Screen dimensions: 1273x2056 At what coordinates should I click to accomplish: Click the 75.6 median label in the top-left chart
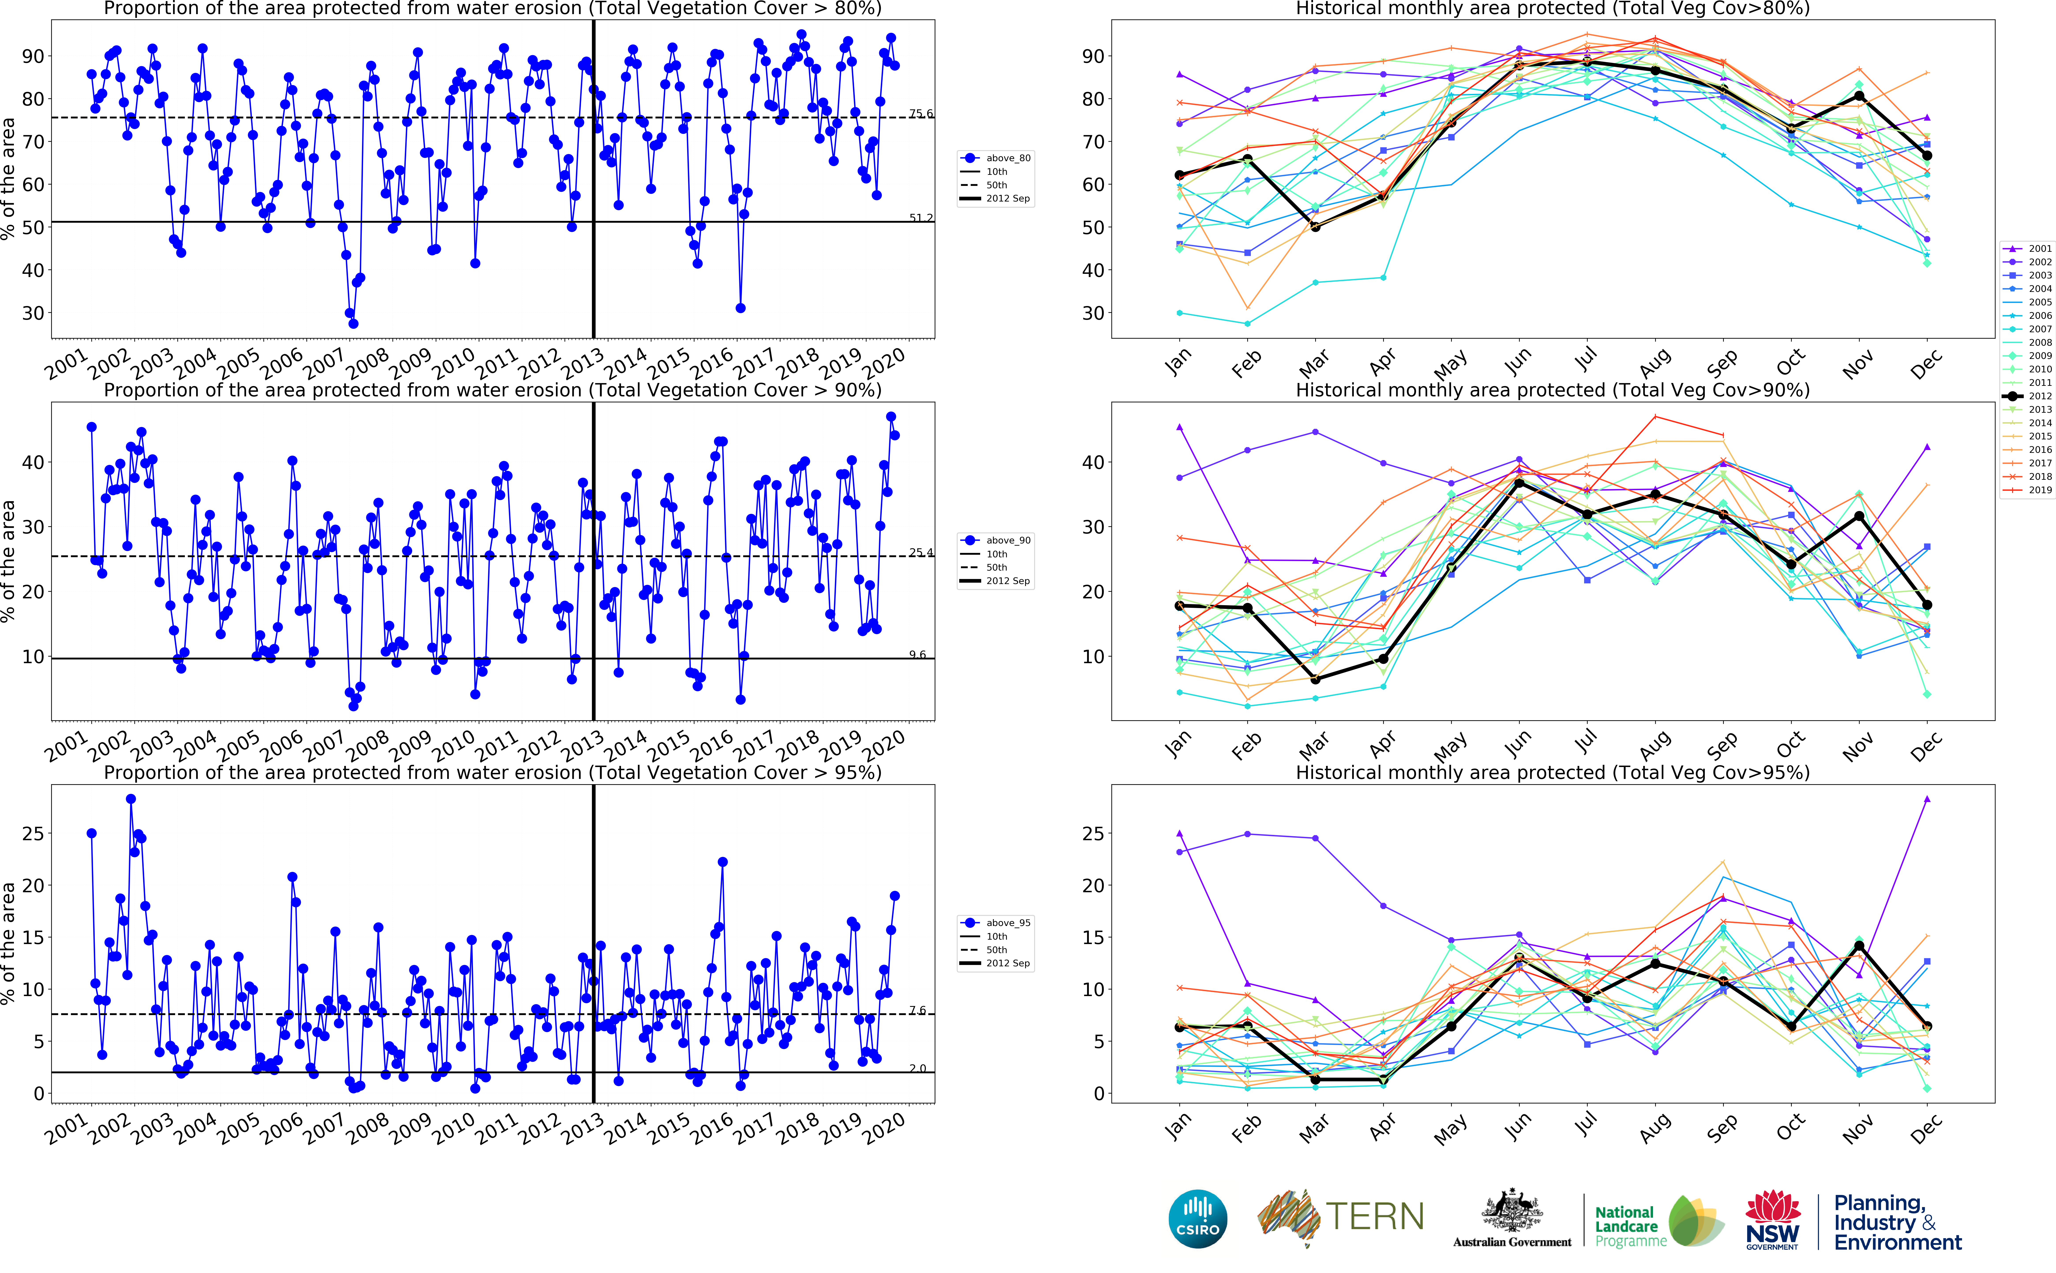point(921,114)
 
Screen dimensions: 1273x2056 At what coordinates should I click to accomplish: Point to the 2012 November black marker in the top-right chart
point(1859,96)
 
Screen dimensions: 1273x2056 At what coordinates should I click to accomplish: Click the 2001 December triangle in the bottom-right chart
point(1927,799)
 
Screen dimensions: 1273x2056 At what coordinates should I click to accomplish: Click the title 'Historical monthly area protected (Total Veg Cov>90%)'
point(1552,390)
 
